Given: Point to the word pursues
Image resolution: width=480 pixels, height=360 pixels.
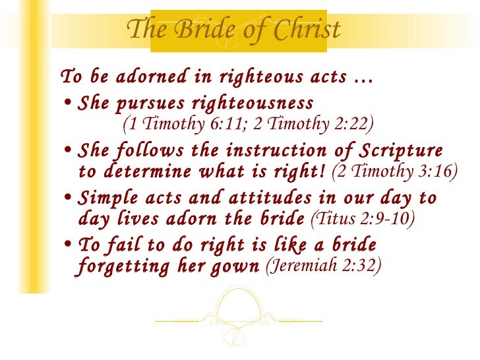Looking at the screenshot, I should [147, 104].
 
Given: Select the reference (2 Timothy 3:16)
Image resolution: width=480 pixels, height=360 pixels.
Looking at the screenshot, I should [394, 171].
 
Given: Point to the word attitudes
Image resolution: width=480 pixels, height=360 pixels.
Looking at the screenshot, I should [249, 198].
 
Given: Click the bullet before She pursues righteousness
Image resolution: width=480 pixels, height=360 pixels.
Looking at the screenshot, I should [69, 105].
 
